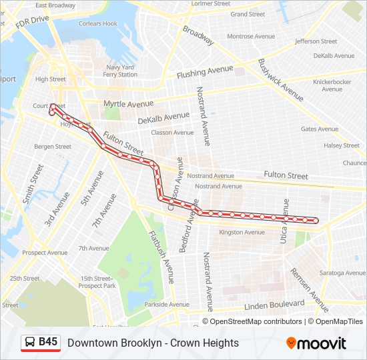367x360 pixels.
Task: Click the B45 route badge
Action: click(x=40, y=343)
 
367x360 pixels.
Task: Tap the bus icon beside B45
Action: click(x=30, y=343)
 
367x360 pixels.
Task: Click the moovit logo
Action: click(x=316, y=343)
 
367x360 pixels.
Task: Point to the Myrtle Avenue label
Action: click(x=128, y=104)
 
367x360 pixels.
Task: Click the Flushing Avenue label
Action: click(x=205, y=71)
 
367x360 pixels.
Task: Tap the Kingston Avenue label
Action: click(x=242, y=233)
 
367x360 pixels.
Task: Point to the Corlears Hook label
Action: click(x=98, y=23)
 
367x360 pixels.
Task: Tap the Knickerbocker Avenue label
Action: click(x=332, y=85)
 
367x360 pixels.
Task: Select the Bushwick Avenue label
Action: click(x=281, y=75)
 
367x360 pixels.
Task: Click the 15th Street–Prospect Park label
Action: click(x=98, y=282)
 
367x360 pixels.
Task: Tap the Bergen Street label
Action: click(x=53, y=146)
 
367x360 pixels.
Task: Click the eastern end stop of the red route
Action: click(x=316, y=221)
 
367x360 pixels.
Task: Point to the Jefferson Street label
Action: click(x=316, y=41)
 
